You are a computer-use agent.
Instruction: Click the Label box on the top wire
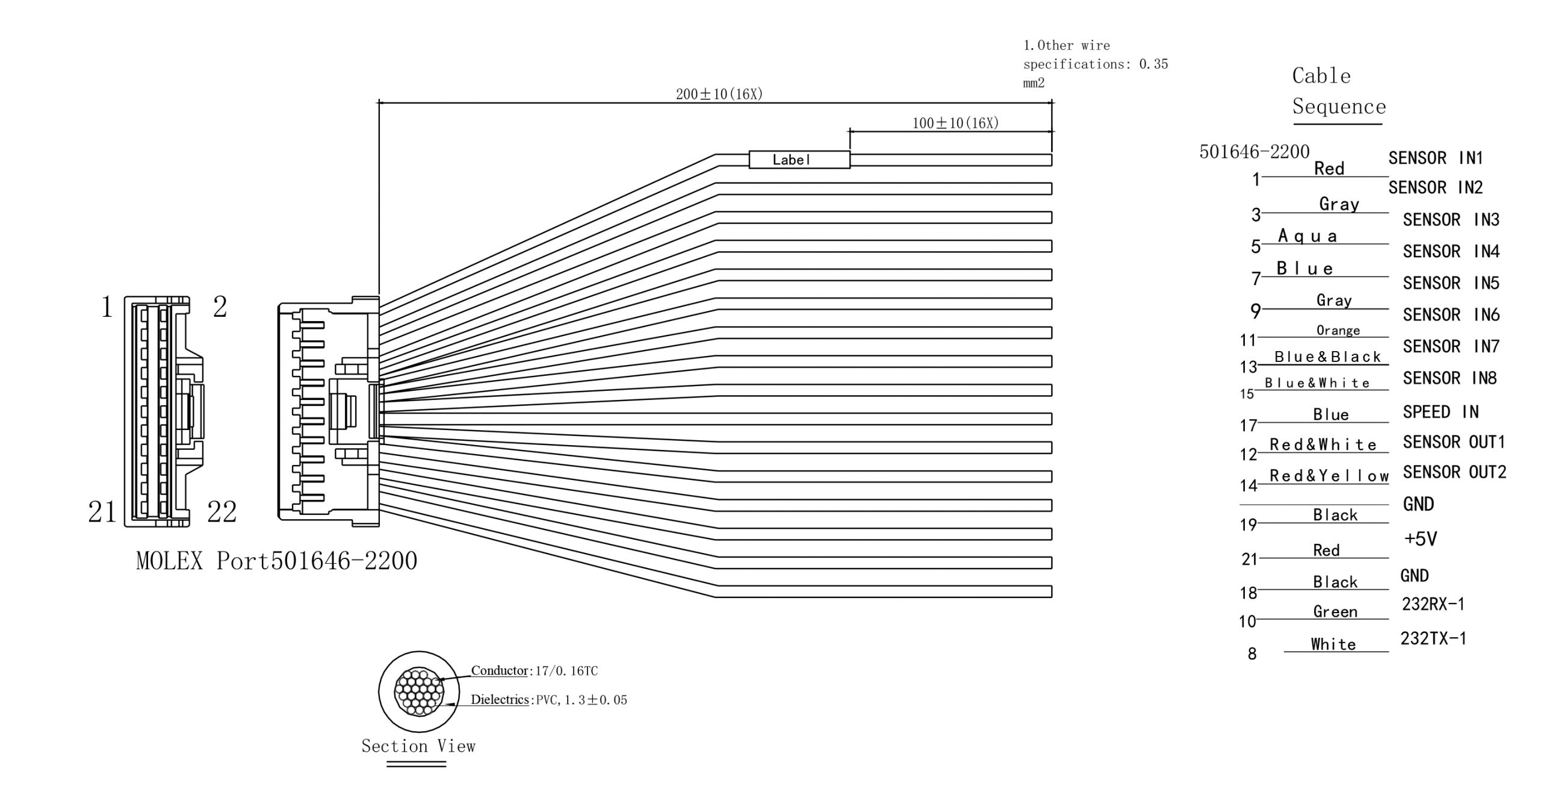click(799, 160)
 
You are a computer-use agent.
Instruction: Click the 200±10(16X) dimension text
click(719, 94)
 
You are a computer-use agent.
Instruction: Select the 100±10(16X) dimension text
click(955, 123)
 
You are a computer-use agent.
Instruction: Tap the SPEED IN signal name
click(1440, 412)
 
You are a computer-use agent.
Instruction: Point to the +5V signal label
click(1421, 538)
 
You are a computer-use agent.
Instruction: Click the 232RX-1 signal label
click(1433, 604)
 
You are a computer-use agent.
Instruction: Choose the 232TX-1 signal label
click(1433, 638)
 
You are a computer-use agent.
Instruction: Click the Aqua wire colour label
click(1307, 235)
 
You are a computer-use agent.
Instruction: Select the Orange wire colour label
click(1338, 330)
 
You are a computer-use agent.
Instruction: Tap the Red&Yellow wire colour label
click(1329, 476)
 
